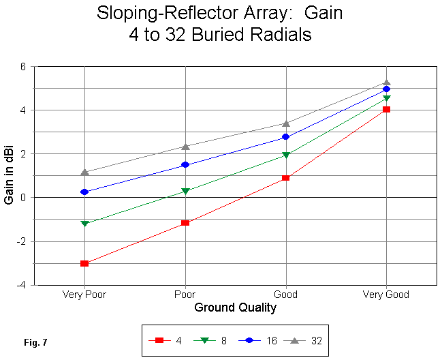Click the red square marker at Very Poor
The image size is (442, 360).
[x=84, y=263]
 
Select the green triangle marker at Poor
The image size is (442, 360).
[x=185, y=192]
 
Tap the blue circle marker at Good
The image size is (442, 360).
[x=286, y=137]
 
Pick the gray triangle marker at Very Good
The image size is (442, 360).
[x=387, y=82]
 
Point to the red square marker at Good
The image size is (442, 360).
[x=286, y=178]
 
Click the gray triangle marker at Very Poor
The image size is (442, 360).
[x=84, y=172]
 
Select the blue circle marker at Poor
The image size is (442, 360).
[x=185, y=165]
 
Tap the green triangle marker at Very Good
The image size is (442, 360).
[x=387, y=99]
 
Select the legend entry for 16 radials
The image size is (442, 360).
[x=262, y=340]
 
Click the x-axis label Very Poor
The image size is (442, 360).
[x=84, y=295]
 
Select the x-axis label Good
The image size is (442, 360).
[x=286, y=295]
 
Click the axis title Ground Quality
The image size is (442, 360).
[x=236, y=307]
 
